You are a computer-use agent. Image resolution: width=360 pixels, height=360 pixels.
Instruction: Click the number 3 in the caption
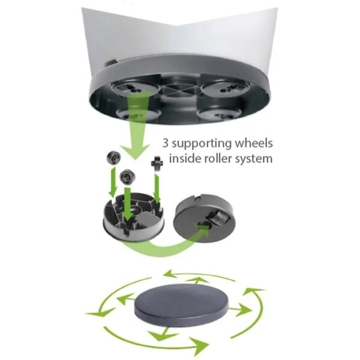166,143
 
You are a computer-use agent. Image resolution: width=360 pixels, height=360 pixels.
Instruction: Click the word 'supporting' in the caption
202,144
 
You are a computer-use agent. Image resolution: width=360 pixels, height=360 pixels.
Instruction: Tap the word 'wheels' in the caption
254,143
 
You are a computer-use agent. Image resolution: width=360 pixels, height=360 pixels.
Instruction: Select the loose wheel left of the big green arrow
113,157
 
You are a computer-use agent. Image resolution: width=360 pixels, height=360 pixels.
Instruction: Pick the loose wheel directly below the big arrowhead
127,177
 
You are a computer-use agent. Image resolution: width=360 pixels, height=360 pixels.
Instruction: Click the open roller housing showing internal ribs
134,217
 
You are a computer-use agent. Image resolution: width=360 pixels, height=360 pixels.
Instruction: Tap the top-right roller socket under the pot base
225,88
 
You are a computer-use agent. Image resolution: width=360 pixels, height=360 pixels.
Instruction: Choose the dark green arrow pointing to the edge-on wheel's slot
157,188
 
